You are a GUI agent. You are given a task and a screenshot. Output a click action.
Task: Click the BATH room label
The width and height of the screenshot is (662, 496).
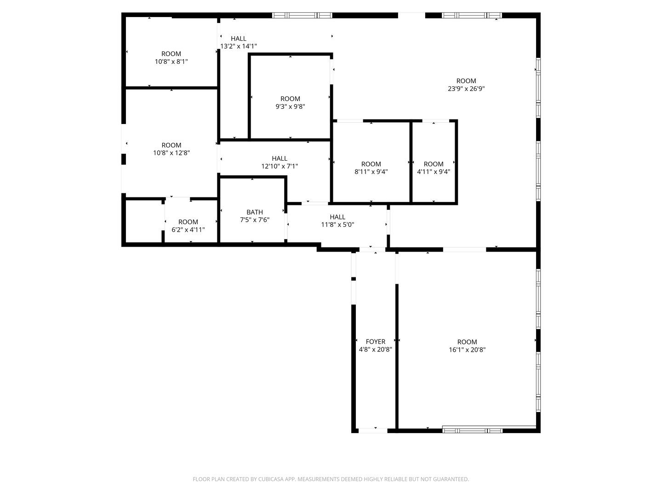click(x=255, y=212)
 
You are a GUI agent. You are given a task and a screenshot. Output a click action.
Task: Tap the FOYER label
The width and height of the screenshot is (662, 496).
click(x=376, y=342)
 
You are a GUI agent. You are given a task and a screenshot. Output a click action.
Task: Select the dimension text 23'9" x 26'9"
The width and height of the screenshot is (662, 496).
click(x=466, y=89)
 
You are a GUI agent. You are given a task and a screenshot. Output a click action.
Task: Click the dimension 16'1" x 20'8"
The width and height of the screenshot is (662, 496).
click(x=467, y=349)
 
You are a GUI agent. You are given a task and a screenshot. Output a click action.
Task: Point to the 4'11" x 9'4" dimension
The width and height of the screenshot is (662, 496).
click(x=434, y=172)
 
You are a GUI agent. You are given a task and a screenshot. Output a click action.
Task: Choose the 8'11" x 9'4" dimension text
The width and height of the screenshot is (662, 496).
click(x=371, y=172)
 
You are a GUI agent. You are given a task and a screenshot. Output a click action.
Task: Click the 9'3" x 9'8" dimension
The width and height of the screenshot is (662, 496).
click(x=290, y=107)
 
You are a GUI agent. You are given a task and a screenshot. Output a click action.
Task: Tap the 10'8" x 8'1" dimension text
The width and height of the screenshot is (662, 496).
click(x=171, y=62)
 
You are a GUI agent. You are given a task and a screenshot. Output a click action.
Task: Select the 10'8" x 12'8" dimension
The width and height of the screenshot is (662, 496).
click(x=171, y=153)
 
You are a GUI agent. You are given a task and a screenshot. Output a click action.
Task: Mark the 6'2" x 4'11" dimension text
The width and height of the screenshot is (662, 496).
click(x=188, y=230)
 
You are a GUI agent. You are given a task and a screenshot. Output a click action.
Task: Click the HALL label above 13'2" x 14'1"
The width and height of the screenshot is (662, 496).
click(x=239, y=39)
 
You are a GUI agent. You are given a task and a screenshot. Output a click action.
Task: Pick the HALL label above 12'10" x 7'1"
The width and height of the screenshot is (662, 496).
click(x=280, y=158)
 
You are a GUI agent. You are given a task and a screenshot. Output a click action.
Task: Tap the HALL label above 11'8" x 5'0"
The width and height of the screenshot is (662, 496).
click(x=337, y=217)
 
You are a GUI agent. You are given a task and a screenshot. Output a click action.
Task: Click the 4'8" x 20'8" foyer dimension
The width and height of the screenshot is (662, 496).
click(x=376, y=349)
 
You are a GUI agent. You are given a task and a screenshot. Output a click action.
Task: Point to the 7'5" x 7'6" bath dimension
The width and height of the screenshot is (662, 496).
click(x=255, y=220)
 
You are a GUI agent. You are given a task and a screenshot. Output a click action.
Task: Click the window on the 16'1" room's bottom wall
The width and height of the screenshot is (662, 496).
click(x=472, y=430)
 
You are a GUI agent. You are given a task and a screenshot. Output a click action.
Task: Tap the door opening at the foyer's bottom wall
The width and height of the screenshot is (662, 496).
click(x=373, y=431)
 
